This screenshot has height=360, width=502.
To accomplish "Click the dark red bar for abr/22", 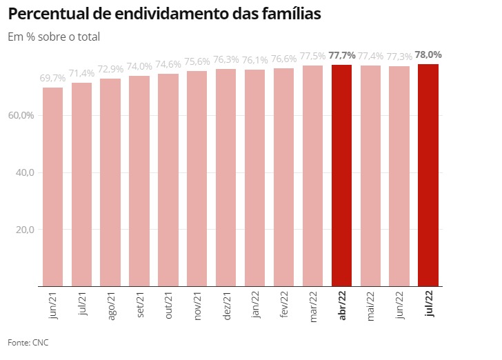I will click(x=341, y=175).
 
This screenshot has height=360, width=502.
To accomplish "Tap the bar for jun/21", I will click(x=52, y=186).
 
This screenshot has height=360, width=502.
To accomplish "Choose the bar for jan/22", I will click(x=254, y=177).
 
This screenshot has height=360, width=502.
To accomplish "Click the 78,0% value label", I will click(x=428, y=54).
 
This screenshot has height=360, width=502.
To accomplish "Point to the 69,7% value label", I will click(x=52, y=79).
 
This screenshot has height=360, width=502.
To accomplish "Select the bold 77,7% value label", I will click(x=342, y=55).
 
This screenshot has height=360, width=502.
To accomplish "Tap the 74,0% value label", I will click(x=139, y=66).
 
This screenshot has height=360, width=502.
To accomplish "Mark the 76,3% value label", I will click(x=225, y=59).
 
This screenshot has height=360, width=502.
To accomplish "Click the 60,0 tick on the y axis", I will click(x=22, y=115).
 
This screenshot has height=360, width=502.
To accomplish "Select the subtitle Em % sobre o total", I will click(x=54, y=37).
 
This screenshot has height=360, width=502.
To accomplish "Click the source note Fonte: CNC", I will click(x=28, y=343).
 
